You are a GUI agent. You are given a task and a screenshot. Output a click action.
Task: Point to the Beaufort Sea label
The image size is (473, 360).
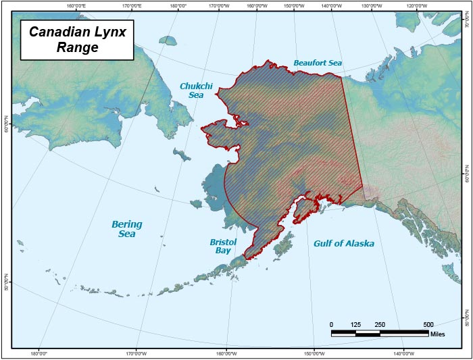(318, 63)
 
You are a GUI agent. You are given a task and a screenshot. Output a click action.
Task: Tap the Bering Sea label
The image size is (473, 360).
(127, 229)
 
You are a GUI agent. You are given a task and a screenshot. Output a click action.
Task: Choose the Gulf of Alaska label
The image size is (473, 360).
(343, 243)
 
